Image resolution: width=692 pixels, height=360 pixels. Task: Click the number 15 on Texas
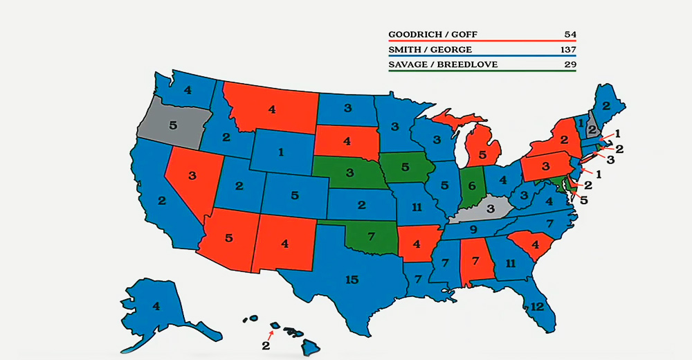[352, 280]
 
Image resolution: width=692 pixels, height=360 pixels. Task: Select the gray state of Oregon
[172, 125]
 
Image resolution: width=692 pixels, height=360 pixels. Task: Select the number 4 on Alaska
[156, 305]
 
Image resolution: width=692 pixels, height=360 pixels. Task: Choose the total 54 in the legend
[570, 35]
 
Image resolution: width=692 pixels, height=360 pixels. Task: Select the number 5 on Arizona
[228, 237]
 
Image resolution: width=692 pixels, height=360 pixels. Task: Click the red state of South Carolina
[534, 243]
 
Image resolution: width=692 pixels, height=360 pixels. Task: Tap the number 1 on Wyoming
[281, 152]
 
